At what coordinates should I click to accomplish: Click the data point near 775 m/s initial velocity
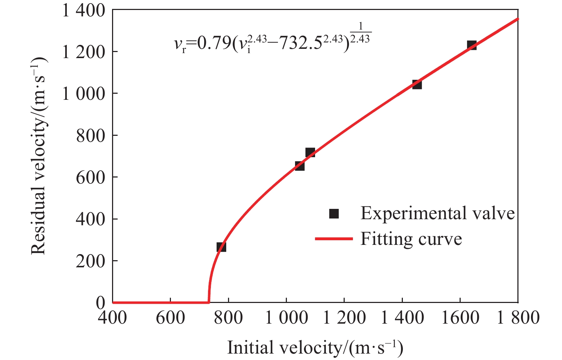pos(221,247)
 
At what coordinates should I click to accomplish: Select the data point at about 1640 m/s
pos(472,45)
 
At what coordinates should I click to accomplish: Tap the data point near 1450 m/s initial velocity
pos(417,84)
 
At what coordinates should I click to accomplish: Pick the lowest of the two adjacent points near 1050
pos(300,166)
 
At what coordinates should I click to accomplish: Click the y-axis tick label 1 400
pos(84,11)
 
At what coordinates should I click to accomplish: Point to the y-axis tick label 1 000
pos(84,94)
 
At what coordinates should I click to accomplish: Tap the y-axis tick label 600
pos(91,177)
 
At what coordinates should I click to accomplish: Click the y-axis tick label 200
pos(91,261)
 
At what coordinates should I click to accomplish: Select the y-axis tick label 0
pos(101,303)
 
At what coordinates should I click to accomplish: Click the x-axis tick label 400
pos(112,318)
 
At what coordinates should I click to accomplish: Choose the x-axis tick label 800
pos(228,318)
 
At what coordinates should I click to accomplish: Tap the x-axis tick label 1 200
pos(344,318)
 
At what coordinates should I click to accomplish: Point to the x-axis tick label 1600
pos(460,318)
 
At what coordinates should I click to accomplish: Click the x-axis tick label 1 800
pos(518,318)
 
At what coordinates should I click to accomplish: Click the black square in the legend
pos(334,214)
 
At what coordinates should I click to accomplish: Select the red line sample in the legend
pos(334,239)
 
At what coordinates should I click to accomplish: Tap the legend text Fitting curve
pos(411,239)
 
